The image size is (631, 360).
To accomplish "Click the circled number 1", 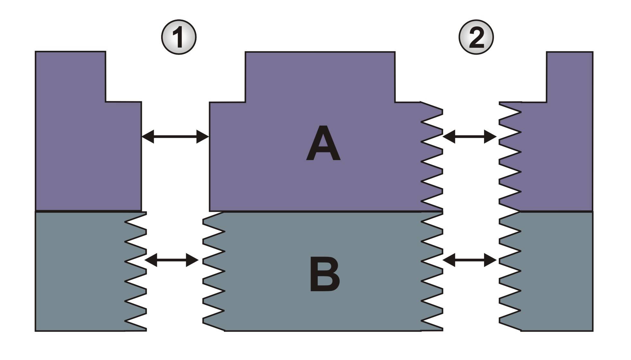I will (178, 37).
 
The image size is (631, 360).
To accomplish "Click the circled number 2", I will (476, 37).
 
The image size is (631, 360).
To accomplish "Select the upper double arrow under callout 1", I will (175, 137).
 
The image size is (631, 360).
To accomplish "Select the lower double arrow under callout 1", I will (172, 260).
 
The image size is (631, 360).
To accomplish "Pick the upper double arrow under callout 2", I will (470, 137).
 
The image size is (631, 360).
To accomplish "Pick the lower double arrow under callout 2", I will (470, 260).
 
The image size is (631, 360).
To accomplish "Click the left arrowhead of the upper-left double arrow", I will (147, 137).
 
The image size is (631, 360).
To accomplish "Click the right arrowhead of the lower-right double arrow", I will (491, 260).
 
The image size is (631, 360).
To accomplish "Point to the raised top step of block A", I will (320, 76).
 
